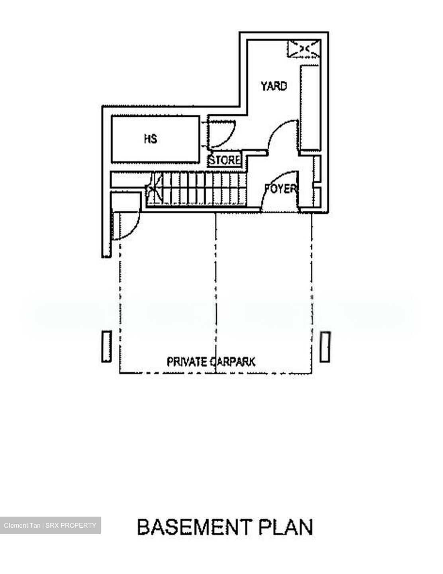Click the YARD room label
coord(274,86)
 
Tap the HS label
coord(150,139)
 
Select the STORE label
coord(225,160)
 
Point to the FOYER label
coord(281,189)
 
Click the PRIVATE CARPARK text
coord(211,362)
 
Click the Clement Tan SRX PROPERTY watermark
coord(50,525)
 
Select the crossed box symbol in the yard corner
coord(304,49)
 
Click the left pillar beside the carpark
coord(106,346)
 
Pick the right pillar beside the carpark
coord(325,346)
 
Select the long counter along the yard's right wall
coord(310,108)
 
